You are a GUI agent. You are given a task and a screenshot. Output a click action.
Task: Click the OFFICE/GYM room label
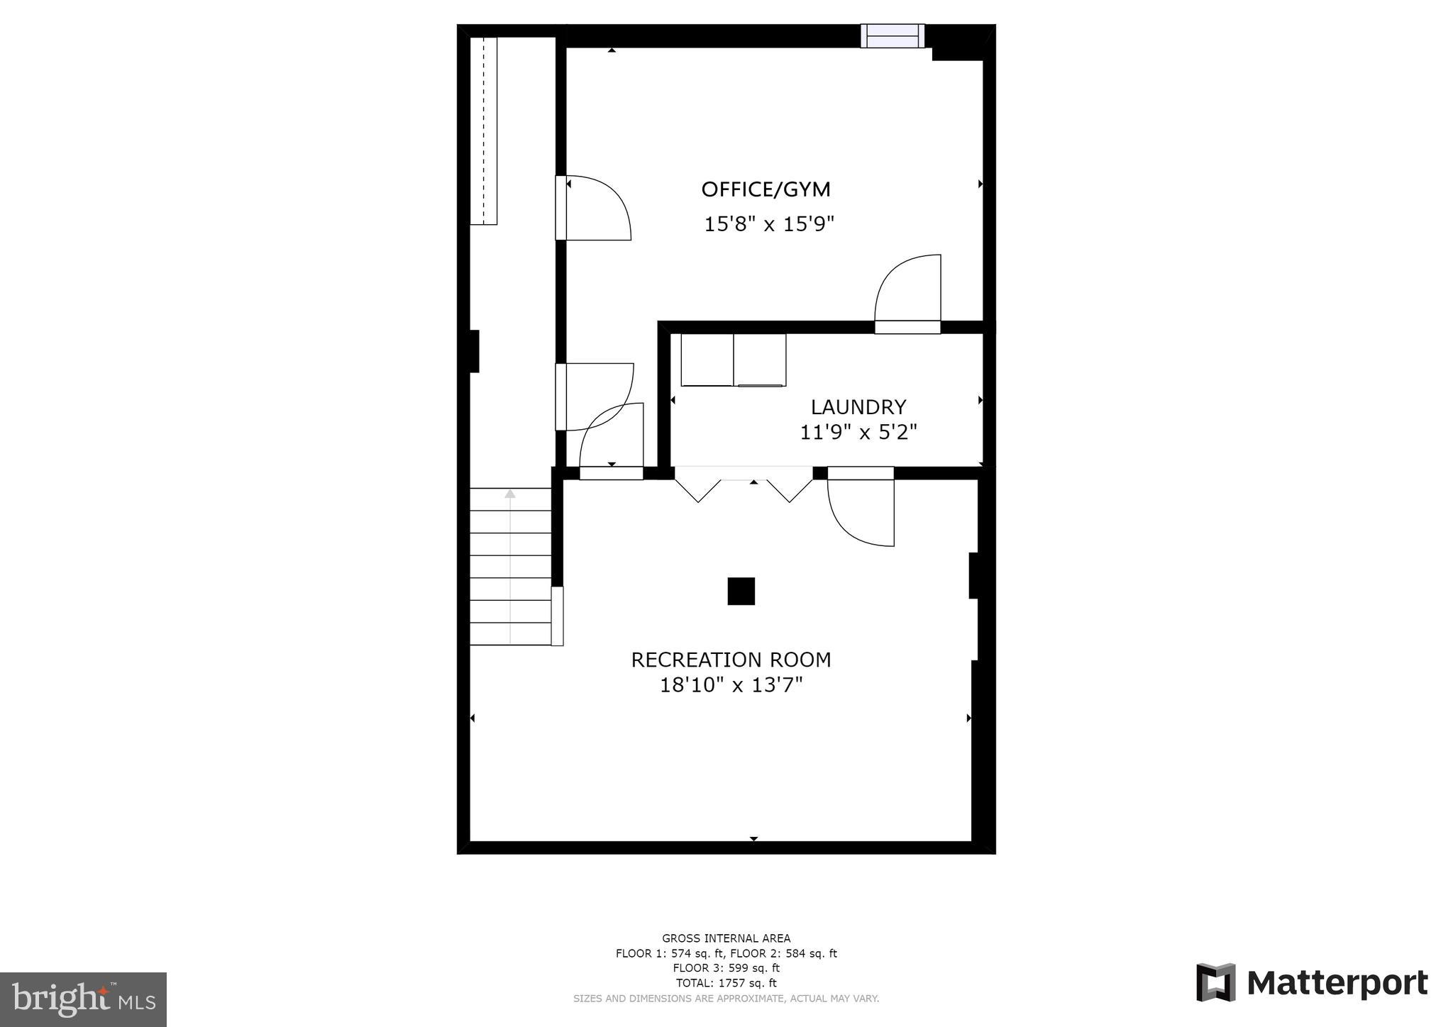pos(766,189)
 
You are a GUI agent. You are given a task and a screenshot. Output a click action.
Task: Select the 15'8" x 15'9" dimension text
pos(768,224)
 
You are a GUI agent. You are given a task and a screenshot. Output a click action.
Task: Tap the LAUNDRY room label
pos(858,406)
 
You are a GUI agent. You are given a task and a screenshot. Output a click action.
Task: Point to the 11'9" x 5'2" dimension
pos(858,432)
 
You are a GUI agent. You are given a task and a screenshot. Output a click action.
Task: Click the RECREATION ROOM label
pos(731,660)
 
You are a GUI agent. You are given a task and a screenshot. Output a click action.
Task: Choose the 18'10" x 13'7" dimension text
pos(731,685)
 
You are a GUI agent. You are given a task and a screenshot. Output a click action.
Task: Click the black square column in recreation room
pos(741,591)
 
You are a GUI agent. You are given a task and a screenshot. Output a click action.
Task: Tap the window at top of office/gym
pos(893,35)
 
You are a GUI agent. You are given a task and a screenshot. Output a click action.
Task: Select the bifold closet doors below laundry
pos(744,485)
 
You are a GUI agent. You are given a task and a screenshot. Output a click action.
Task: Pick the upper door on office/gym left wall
pos(592,208)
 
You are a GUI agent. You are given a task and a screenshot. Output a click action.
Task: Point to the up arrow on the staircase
pos(509,494)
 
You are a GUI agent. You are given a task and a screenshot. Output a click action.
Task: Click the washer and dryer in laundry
pos(733,360)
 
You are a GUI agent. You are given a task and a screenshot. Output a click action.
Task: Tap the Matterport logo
pos(1312,983)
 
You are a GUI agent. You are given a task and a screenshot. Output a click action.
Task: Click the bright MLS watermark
pos(83,999)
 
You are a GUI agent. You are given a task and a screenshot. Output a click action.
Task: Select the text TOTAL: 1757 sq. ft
pos(726,983)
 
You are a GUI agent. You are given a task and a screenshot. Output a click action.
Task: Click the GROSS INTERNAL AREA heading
pos(726,938)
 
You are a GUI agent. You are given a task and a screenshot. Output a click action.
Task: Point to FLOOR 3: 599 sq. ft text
pos(726,968)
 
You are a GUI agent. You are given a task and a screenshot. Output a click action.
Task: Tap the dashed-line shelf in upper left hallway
pos(484,131)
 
